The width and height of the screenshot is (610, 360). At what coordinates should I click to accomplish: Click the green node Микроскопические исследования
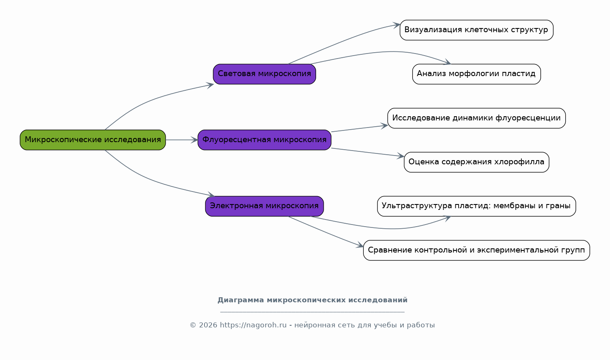(x=92, y=140)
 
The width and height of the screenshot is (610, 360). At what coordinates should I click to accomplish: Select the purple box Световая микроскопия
(x=264, y=74)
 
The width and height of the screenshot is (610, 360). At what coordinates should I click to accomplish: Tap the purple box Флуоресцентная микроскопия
(x=264, y=140)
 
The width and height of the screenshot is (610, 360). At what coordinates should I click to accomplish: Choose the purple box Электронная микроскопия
(x=264, y=206)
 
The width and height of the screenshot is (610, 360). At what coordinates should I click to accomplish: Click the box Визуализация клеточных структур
(x=476, y=30)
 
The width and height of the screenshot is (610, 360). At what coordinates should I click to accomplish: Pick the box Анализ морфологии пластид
(x=476, y=74)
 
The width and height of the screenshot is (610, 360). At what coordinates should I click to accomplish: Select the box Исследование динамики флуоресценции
(x=476, y=118)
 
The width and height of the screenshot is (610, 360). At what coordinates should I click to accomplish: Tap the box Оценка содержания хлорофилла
(x=476, y=162)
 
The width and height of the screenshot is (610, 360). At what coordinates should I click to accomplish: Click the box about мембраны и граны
(x=476, y=206)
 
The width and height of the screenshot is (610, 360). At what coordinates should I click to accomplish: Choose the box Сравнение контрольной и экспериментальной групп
(x=476, y=250)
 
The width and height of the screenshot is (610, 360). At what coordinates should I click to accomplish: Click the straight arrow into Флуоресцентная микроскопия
(x=181, y=140)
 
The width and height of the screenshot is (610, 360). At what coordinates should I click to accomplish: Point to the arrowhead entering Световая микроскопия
(x=210, y=85)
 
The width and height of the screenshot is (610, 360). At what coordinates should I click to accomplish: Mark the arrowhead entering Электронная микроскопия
(x=211, y=194)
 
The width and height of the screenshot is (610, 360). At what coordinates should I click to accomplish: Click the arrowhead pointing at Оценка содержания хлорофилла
(x=400, y=156)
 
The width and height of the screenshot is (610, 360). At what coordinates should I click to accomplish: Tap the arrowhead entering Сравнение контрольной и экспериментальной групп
(x=360, y=245)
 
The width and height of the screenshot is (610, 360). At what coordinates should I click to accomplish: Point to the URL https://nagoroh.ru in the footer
(x=253, y=325)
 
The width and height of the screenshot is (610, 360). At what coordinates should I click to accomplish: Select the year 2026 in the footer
(x=208, y=325)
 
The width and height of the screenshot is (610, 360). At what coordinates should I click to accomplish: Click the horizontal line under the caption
(x=312, y=312)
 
